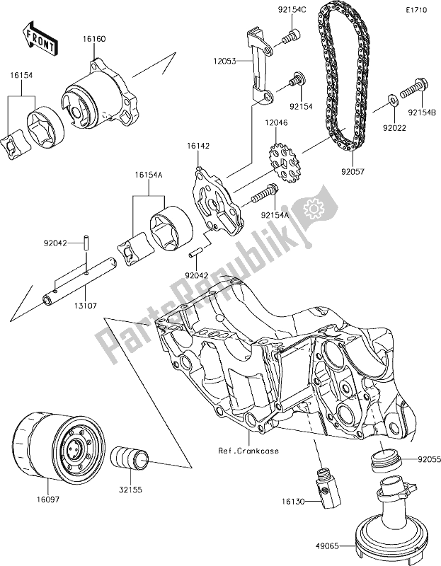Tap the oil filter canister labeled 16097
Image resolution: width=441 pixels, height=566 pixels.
point(60,449)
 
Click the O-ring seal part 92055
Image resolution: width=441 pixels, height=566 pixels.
point(387,462)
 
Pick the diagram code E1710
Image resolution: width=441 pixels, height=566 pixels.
point(416,12)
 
